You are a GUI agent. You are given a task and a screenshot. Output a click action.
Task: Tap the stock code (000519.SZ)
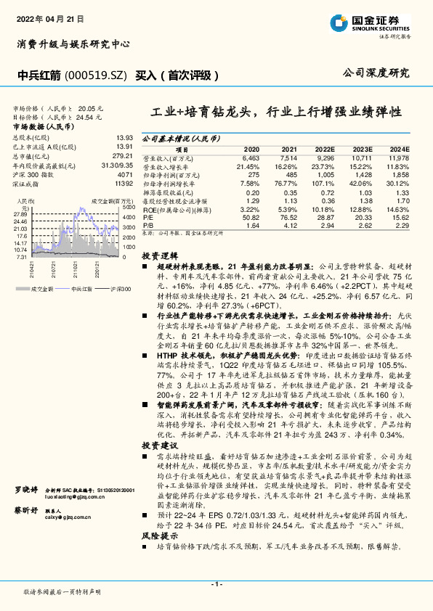[x=92, y=74]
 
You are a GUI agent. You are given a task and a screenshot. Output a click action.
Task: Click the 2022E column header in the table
[x=325, y=147]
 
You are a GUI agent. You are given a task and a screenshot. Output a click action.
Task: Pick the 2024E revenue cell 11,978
[x=397, y=157]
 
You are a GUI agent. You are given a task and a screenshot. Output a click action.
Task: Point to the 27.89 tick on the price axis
[x=20, y=215]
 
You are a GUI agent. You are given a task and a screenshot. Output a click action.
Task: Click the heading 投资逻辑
[x=159, y=257]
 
